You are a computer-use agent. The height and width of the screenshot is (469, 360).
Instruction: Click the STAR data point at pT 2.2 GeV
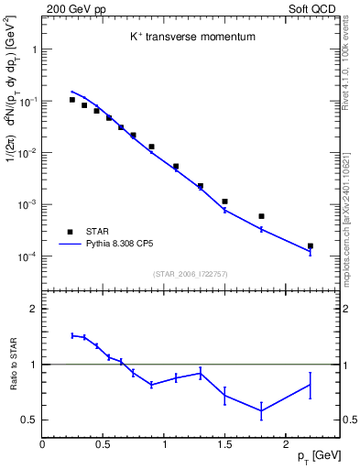(x=310, y=246)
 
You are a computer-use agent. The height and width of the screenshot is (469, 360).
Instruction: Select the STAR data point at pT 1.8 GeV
(x=261, y=216)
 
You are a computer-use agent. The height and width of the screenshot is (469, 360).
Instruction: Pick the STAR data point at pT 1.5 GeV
(x=224, y=202)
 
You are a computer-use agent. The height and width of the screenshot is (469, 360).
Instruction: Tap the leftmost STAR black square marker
(x=72, y=100)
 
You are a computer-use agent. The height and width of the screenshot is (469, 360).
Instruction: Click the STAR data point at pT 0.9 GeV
(x=151, y=147)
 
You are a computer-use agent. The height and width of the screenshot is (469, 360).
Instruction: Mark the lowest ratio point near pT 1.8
(x=261, y=411)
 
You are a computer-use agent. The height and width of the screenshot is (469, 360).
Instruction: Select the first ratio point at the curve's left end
(x=72, y=335)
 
